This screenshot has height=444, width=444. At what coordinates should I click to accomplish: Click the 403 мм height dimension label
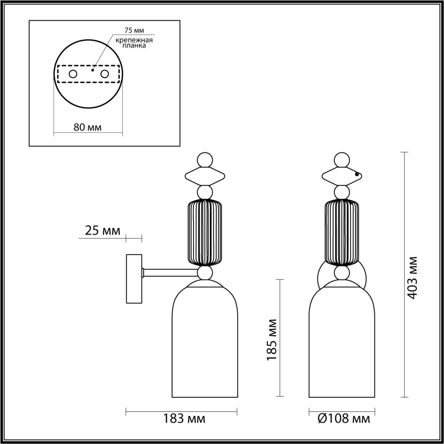413,277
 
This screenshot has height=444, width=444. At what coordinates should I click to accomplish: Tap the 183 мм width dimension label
184,419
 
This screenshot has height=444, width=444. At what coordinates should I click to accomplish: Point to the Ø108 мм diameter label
344,419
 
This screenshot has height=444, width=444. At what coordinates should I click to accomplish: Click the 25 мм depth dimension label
102,230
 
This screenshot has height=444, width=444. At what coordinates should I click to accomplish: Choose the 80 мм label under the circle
88,127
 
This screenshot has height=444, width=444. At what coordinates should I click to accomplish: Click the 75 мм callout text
134,30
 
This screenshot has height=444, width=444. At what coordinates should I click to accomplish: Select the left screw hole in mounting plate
73,74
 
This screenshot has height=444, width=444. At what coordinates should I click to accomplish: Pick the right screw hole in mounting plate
104,74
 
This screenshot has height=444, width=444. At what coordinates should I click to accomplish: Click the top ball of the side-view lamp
204,160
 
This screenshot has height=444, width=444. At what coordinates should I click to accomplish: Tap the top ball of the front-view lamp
342,160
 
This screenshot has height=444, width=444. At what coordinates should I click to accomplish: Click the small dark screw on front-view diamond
357,175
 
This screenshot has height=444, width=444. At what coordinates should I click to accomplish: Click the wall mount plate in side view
134,279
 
